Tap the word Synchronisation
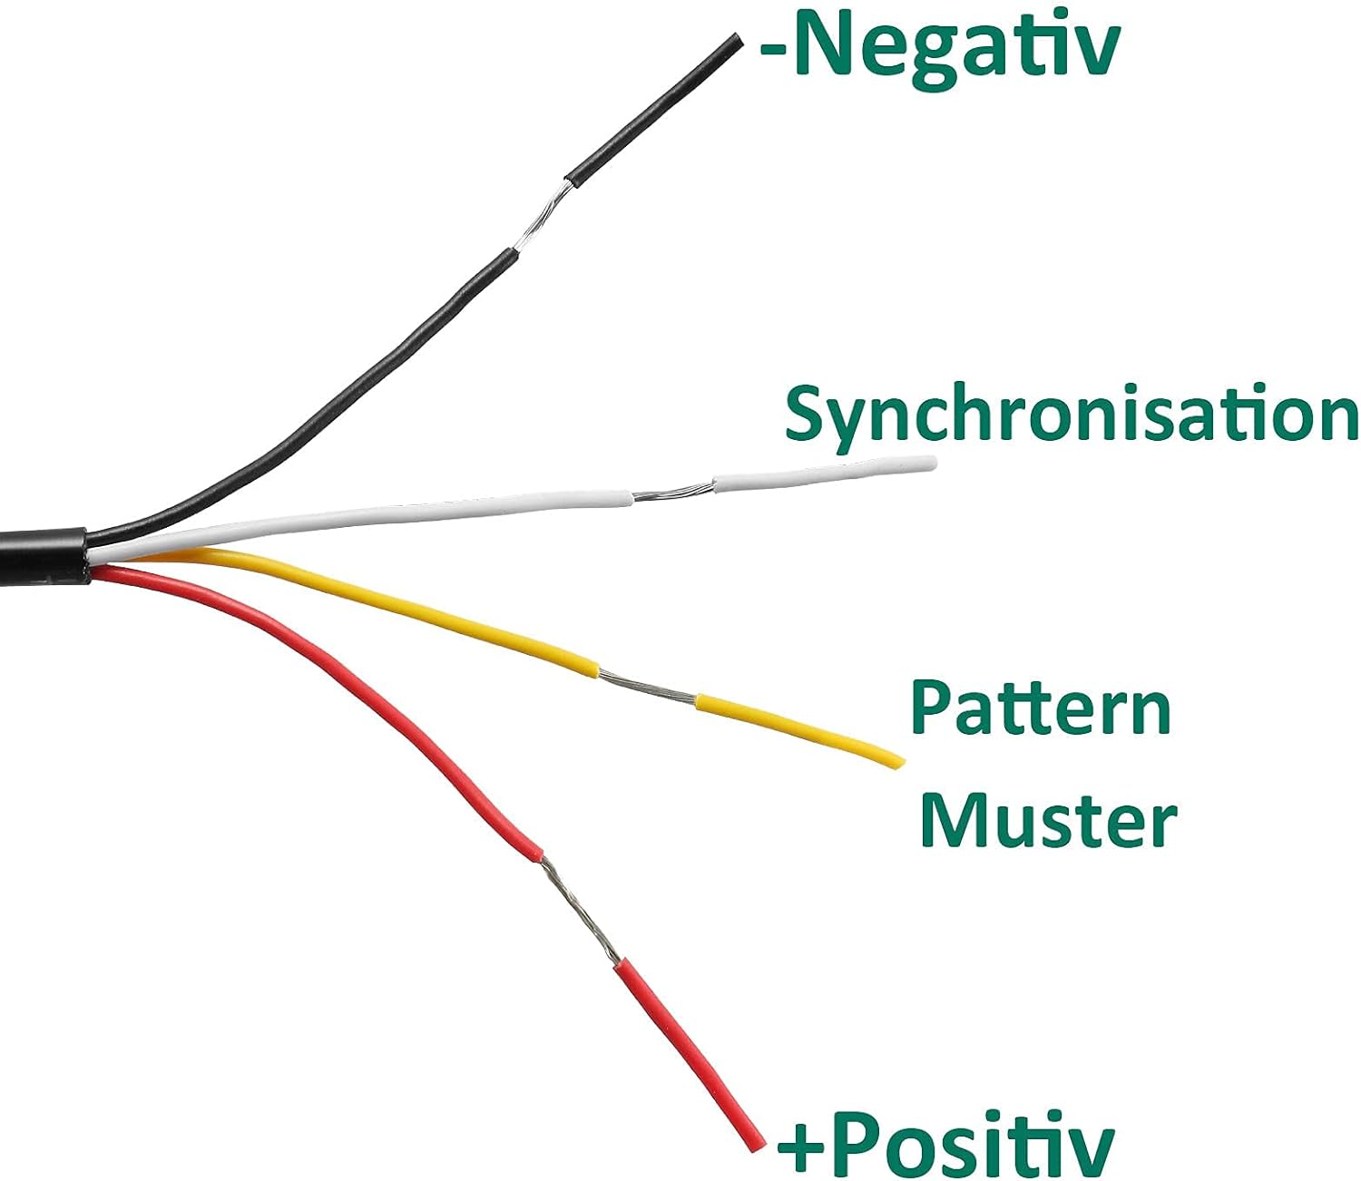tap(1072, 416)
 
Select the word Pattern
tap(1041, 708)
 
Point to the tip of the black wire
tap(738, 39)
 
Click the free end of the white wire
tap(931, 463)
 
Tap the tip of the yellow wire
tap(900, 764)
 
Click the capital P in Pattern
tap(930, 708)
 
